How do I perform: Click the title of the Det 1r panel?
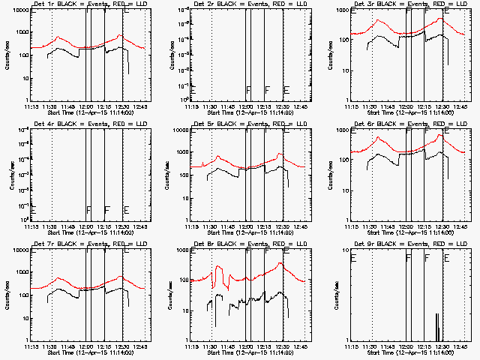[x=82, y=5]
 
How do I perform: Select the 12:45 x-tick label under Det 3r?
[x=460, y=106]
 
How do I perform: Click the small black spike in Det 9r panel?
[x=436, y=328]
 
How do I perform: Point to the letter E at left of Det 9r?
[x=352, y=258]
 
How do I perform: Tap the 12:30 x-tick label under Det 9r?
[x=443, y=346]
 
